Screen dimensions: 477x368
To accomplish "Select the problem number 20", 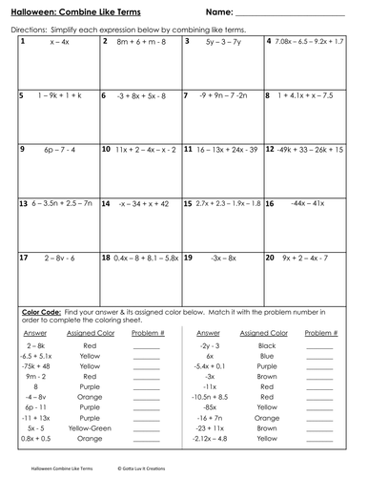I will pyautogui.click(x=270, y=258).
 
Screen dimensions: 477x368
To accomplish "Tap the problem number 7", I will pyautogui.click(x=188, y=96).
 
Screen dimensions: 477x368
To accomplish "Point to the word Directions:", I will pyautogui.click(x=31, y=30).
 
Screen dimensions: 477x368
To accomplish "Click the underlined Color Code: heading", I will pyautogui.click(x=38, y=312).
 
